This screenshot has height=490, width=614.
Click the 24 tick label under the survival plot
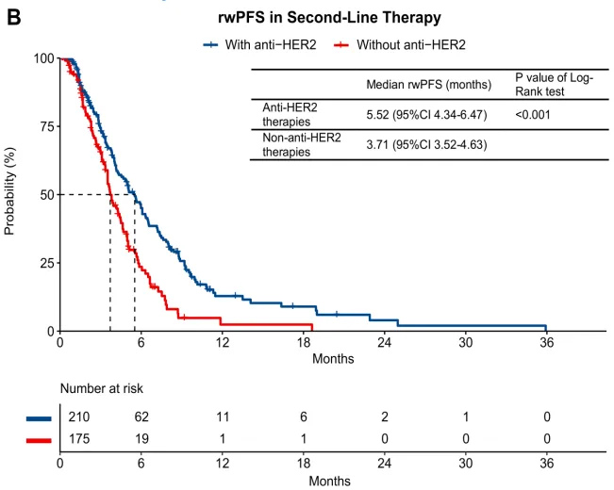[x=384, y=344]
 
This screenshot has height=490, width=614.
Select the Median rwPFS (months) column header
[x=428, y=84]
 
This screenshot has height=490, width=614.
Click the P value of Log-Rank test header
[x=555, y=84]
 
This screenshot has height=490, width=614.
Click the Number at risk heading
[x=102, y=388]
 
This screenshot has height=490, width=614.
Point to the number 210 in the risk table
[x=77, y=416]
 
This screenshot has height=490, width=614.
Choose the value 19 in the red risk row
[x=141, y=439]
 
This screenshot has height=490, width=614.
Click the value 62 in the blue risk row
[x=141, y=416]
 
